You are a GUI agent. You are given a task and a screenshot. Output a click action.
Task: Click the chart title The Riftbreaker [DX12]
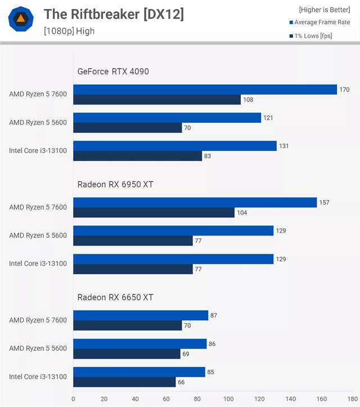click(x=114, y=14)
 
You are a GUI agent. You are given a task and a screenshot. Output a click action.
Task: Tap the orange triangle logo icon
click(x=20, y=19)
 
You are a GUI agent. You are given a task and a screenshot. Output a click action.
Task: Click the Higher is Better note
click(x=324, y=10)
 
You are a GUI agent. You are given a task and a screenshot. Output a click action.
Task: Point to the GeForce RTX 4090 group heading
click(x=113, y=71)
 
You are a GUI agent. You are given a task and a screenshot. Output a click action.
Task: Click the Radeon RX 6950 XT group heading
click(x=115, y=184)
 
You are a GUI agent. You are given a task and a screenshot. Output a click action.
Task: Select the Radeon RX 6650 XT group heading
click(x=115, y=297)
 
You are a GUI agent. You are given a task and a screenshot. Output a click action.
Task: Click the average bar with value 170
click(x=205, y=90)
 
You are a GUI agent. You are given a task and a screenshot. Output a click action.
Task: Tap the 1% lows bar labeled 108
click(x=157, y=100)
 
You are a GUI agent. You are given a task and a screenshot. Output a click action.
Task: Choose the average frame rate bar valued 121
click(x=167, y=118)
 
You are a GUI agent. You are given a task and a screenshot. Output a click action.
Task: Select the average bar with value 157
click(x=195, y=203)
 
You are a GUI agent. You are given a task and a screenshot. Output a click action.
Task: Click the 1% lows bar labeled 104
click(x=154, y=213)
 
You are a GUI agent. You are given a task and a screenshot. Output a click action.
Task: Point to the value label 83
click(x=208, y=156)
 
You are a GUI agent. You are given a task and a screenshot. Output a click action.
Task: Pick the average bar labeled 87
click(x=141, y=316)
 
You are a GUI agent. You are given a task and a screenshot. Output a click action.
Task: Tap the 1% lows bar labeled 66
click(x=124, y=382)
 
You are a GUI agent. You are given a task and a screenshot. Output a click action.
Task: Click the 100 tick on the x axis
click(x=228, y=399)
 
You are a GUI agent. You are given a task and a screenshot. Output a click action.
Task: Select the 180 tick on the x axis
click(x=353, y=399)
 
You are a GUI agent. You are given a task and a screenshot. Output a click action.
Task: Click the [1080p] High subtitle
click(x=69, y=31)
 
